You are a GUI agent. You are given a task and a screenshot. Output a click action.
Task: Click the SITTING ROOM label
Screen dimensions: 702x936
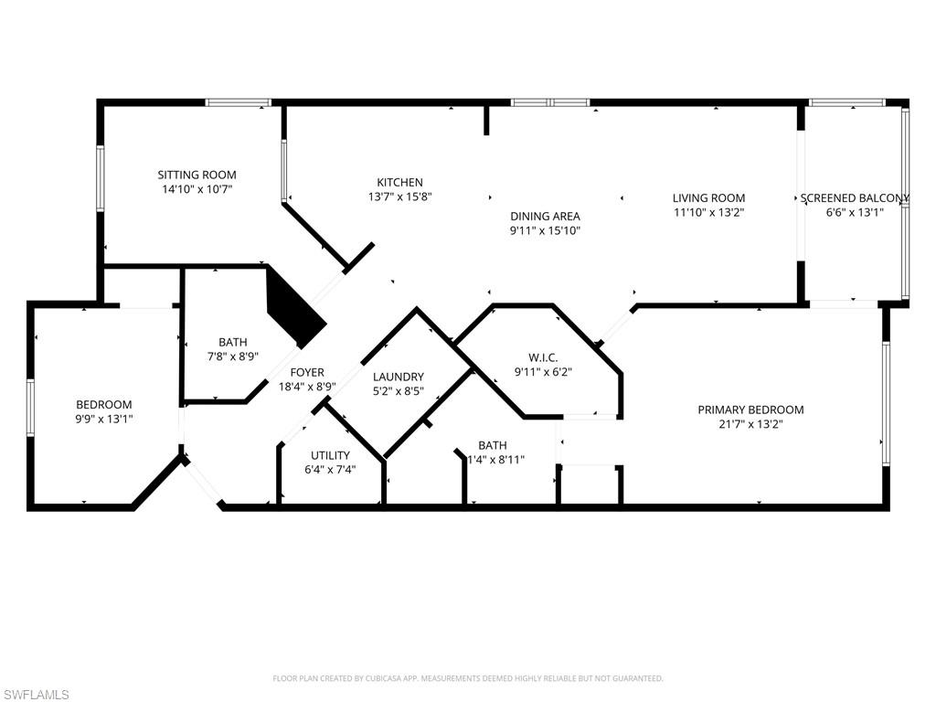coord(197,175)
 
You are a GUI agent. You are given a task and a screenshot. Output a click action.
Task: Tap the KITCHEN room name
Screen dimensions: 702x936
coord(400,182)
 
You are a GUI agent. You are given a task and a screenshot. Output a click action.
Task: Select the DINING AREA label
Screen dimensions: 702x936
coord(545,217)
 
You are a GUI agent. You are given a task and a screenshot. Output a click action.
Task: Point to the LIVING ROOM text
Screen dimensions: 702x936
coord(708,197)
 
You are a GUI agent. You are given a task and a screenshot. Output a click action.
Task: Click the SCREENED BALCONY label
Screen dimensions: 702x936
coord(854,197)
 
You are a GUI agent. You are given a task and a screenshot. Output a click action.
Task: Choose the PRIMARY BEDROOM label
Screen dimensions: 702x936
coord(750,409)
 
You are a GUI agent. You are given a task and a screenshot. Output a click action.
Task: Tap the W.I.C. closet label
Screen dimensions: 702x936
coord(543,357)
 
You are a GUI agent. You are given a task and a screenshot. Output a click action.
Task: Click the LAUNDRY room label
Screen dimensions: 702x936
coord(399,377)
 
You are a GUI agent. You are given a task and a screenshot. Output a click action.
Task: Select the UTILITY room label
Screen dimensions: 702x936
coord(330,455)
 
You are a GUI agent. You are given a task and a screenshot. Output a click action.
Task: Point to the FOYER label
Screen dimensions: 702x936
coord(307,372)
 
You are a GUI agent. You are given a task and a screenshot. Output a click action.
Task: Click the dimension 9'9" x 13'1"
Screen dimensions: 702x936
coord(103,419)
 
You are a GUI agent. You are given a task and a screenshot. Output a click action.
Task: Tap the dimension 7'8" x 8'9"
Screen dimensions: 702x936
coord(232,356)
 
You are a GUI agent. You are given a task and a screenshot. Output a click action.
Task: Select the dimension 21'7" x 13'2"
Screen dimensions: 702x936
coord(750,424)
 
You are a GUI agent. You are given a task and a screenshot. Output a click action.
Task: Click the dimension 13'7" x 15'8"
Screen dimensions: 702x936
coord(400,197)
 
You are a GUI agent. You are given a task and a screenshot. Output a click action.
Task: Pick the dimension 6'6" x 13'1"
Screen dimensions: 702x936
coord(854,212)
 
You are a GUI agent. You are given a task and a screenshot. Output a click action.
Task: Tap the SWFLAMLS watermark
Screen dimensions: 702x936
coord(36,696)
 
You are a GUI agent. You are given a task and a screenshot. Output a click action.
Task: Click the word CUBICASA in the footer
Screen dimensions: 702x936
coord(378,678)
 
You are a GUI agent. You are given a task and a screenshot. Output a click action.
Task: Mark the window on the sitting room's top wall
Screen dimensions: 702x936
coord(238,102)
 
